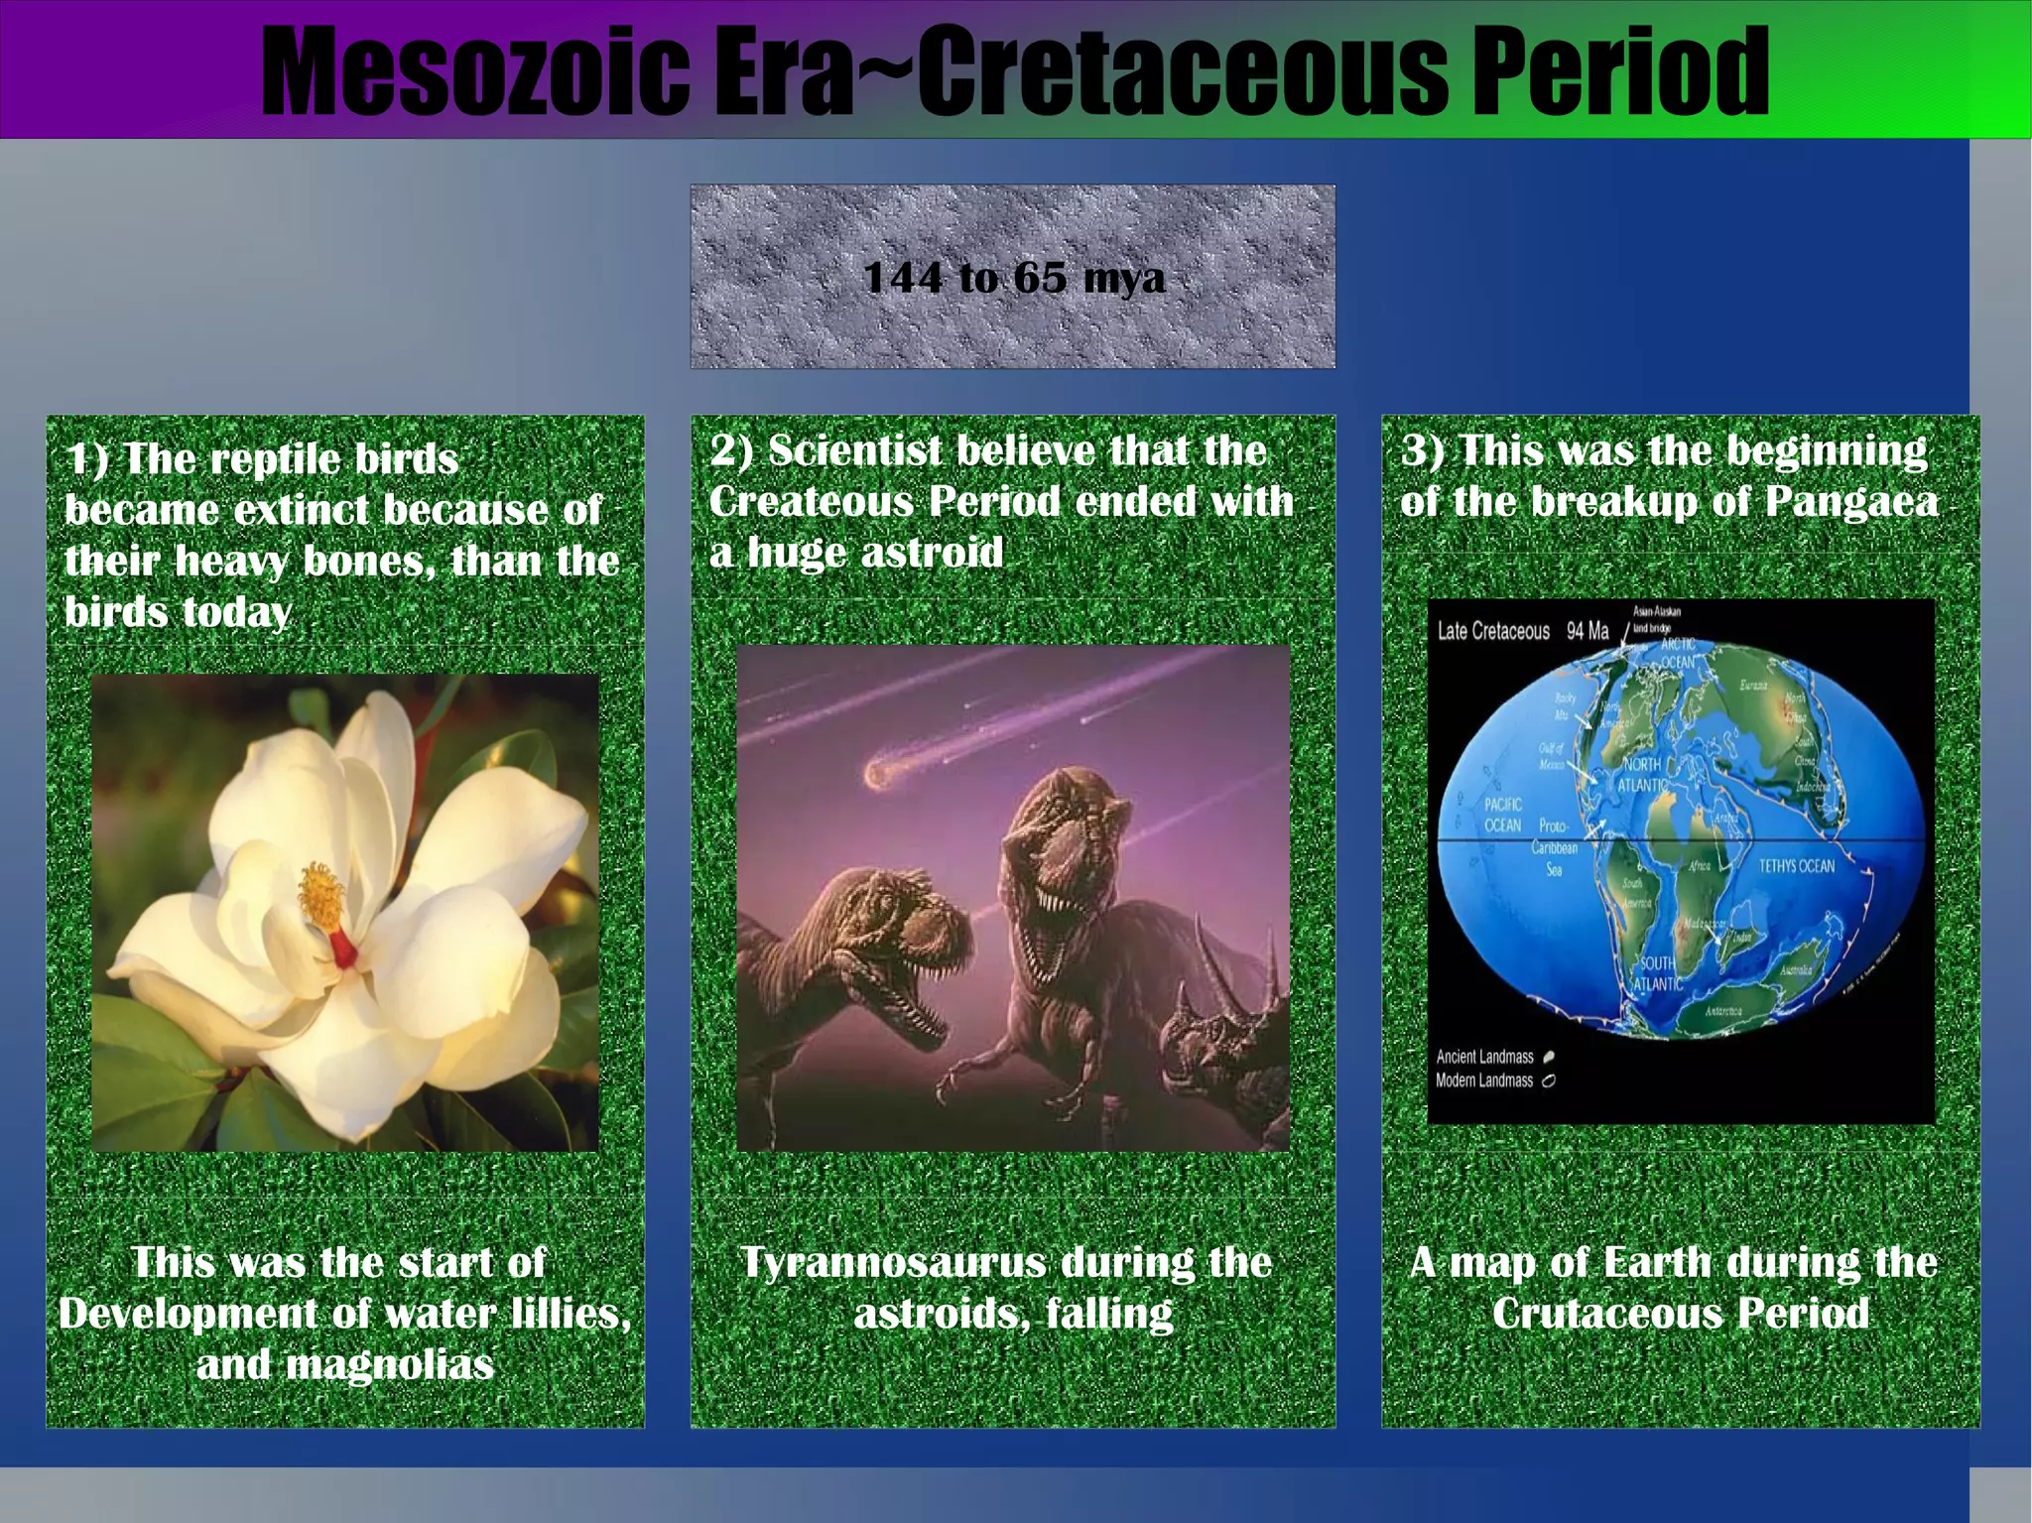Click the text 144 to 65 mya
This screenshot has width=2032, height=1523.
1013,277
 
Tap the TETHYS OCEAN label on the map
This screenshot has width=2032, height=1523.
1796,866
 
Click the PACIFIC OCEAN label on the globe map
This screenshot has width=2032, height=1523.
1502,815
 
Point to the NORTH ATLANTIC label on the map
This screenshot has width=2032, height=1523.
1642,774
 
